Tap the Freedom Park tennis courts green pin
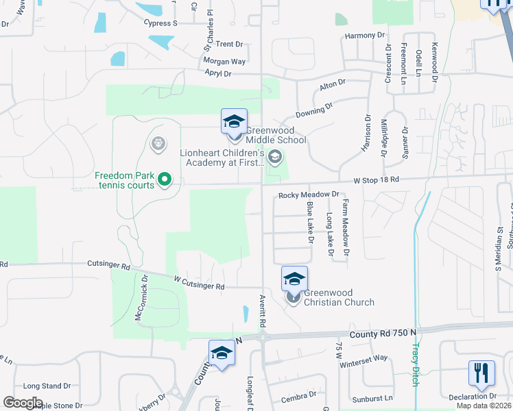(x=165, y=180)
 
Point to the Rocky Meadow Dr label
(x=309, y=195)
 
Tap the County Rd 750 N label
(x=382, y=332)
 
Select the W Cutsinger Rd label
(x=199, y=282)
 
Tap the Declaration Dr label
(x=473, y=396)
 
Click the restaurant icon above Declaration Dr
(x=481, y=373)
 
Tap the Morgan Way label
(x=224, y=62)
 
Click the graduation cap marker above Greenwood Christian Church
(x=294, y=279)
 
